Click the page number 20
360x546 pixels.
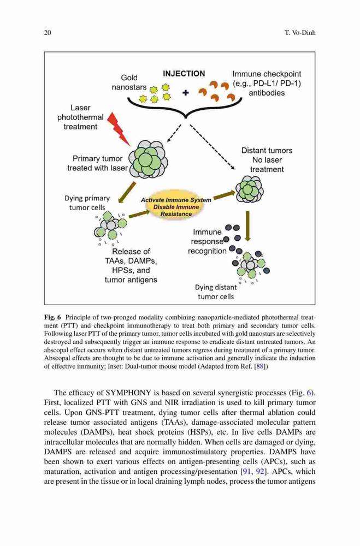48,33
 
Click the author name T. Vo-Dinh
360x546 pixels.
300,33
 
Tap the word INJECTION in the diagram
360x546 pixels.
184,74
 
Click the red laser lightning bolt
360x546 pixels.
119,129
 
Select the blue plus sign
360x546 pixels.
185,93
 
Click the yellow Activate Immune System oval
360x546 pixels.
176,207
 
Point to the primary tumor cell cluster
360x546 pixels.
149,159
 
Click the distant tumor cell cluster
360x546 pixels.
250,189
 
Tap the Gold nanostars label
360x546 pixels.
129,82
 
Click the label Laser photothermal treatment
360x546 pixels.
80,117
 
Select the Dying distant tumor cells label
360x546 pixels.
216,292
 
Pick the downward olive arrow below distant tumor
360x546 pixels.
247,226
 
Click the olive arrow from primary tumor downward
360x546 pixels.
127,192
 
